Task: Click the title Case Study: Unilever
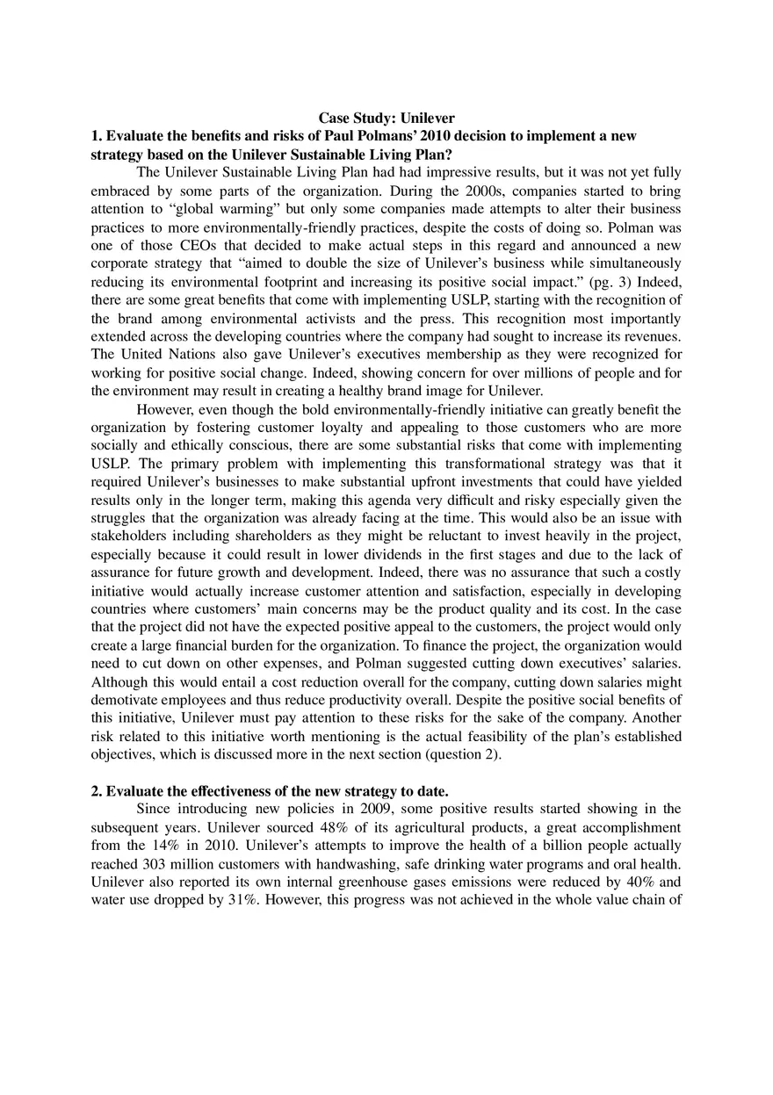[386, 118]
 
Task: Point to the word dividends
[379, 555]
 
